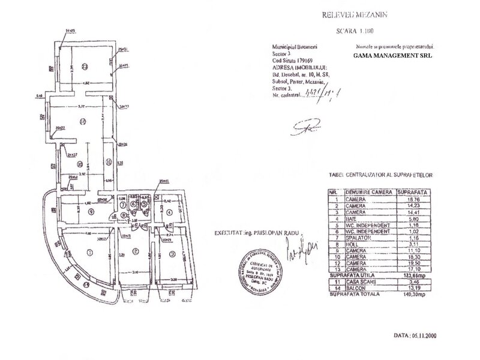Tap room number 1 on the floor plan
pos(88,251)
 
